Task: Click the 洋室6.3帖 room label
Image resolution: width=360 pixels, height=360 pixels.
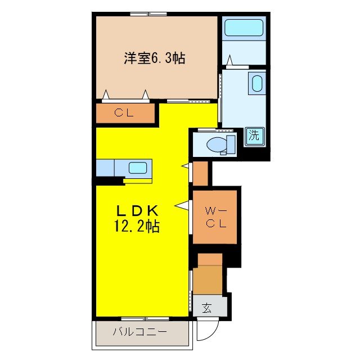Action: pos(155,57)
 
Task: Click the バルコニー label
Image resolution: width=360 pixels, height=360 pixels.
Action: pos(140,332)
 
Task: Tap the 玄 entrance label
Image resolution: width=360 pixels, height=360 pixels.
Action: pos(206,308)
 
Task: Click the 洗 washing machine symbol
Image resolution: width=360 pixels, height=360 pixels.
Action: pos(254,136)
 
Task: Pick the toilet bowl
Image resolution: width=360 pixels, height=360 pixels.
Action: pos(215,145)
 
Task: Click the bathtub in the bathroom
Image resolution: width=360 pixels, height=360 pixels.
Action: pos(243,28)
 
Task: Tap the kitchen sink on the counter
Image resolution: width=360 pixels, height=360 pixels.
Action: pos(138,168)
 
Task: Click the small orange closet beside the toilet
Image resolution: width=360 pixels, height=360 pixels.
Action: pos(201,173)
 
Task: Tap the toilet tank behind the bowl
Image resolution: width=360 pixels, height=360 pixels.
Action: pos(230,145)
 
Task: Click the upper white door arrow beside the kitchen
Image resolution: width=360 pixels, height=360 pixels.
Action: pos(184,165)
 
